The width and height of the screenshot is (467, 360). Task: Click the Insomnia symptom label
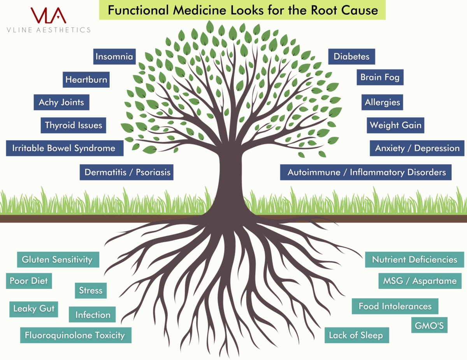(x=114, y=57)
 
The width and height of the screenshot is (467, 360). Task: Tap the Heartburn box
(x=86, y=80)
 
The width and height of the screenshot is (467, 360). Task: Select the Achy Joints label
(x=61, y=103)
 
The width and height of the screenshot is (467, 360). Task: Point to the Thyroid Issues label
(x=73, y=125)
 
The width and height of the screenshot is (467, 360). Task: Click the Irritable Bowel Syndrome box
(x=64, y=148)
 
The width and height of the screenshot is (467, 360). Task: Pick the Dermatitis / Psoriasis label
(x=126, y=172)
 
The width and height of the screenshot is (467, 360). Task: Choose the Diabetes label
(x=351, y=57)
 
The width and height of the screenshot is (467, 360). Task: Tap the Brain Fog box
(x=380, y=77)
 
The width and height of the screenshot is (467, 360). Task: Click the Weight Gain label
(x=395, y=125)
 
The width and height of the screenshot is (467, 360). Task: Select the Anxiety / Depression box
(x=417, y=148)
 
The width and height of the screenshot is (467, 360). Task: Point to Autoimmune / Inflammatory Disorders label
(x=366, y=172)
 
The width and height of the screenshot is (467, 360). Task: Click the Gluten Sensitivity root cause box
(x=58, y=259)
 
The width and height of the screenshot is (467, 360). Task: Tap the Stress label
(x=91, y=290)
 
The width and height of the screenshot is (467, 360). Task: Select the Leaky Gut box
(x=33, y=309)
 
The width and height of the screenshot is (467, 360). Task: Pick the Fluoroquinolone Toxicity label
(x=75, y=335)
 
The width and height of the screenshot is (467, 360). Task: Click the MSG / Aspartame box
(x=420, y=281)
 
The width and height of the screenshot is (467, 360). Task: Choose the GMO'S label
(x=429, y=325)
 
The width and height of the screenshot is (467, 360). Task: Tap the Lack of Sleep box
(x=356, y=335)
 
